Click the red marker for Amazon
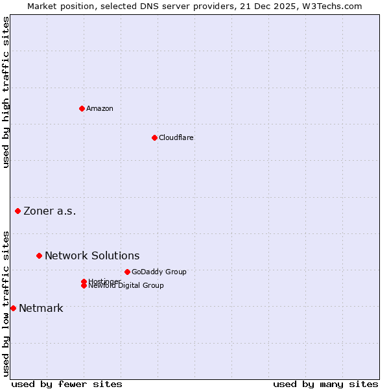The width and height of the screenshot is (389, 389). (82, 108)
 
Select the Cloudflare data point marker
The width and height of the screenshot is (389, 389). (154, 137)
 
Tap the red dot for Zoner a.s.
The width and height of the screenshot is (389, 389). (18, 211)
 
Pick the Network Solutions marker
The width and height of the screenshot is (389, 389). (39, 255)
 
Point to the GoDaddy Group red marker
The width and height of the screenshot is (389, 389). (127, 272)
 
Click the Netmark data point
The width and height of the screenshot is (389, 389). (13, 308)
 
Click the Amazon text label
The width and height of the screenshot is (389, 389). (100, 108)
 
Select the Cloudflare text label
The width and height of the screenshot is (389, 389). (176, 137)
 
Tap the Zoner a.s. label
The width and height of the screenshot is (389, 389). (50, 211)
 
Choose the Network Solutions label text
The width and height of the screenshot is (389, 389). (92, 255)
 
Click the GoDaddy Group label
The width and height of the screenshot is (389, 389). (159, 272)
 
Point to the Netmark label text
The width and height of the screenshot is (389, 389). (41, 308)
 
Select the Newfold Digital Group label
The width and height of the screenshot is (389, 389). (126, 286)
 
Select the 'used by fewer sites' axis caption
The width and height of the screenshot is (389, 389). (67, 384)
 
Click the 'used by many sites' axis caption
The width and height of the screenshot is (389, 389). (325, 384)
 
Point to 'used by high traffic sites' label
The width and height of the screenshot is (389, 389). (6, 92)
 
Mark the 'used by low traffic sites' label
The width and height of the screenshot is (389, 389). (6, 303)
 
